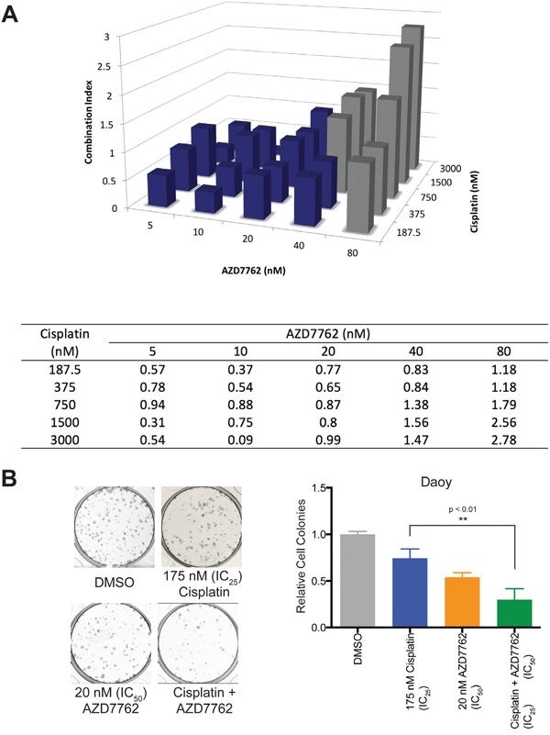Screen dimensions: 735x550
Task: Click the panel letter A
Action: click(x=12, y=16)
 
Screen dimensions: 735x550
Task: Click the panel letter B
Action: click(x=12, y=479)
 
